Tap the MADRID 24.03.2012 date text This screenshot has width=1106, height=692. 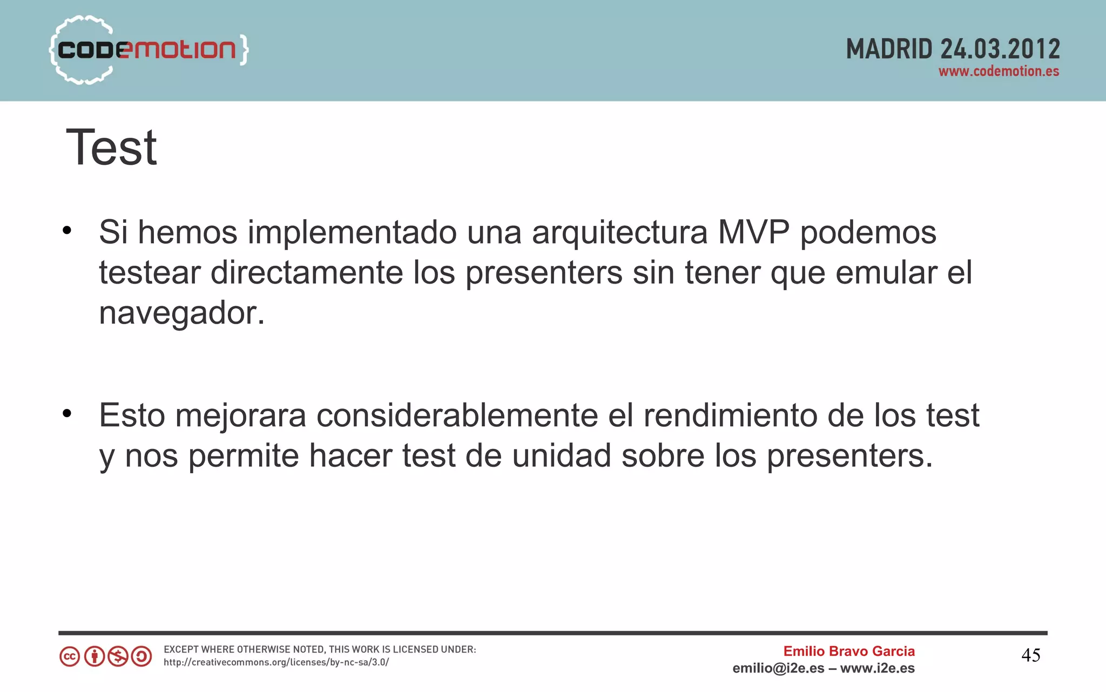(953, 49)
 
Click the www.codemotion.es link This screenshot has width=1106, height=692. (999, 72)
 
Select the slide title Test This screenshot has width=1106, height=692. (111, 147)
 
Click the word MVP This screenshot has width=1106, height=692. (753, 233)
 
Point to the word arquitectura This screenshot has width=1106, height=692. (619, 233)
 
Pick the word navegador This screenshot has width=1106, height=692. (181, 313)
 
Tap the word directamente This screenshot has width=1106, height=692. (307, 273)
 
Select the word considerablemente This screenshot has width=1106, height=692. (457, 415)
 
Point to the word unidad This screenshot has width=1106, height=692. (562, 455)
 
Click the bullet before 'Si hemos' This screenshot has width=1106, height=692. (67, 231)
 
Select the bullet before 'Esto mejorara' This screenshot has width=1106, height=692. (67, 414)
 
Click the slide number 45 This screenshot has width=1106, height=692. (1031, 656)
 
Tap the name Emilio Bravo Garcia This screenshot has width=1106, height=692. (849, 651)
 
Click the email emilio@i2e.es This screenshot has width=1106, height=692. (778, 669)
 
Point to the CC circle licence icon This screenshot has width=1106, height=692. (70, 657)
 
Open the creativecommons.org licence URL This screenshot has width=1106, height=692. (276, 663)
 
